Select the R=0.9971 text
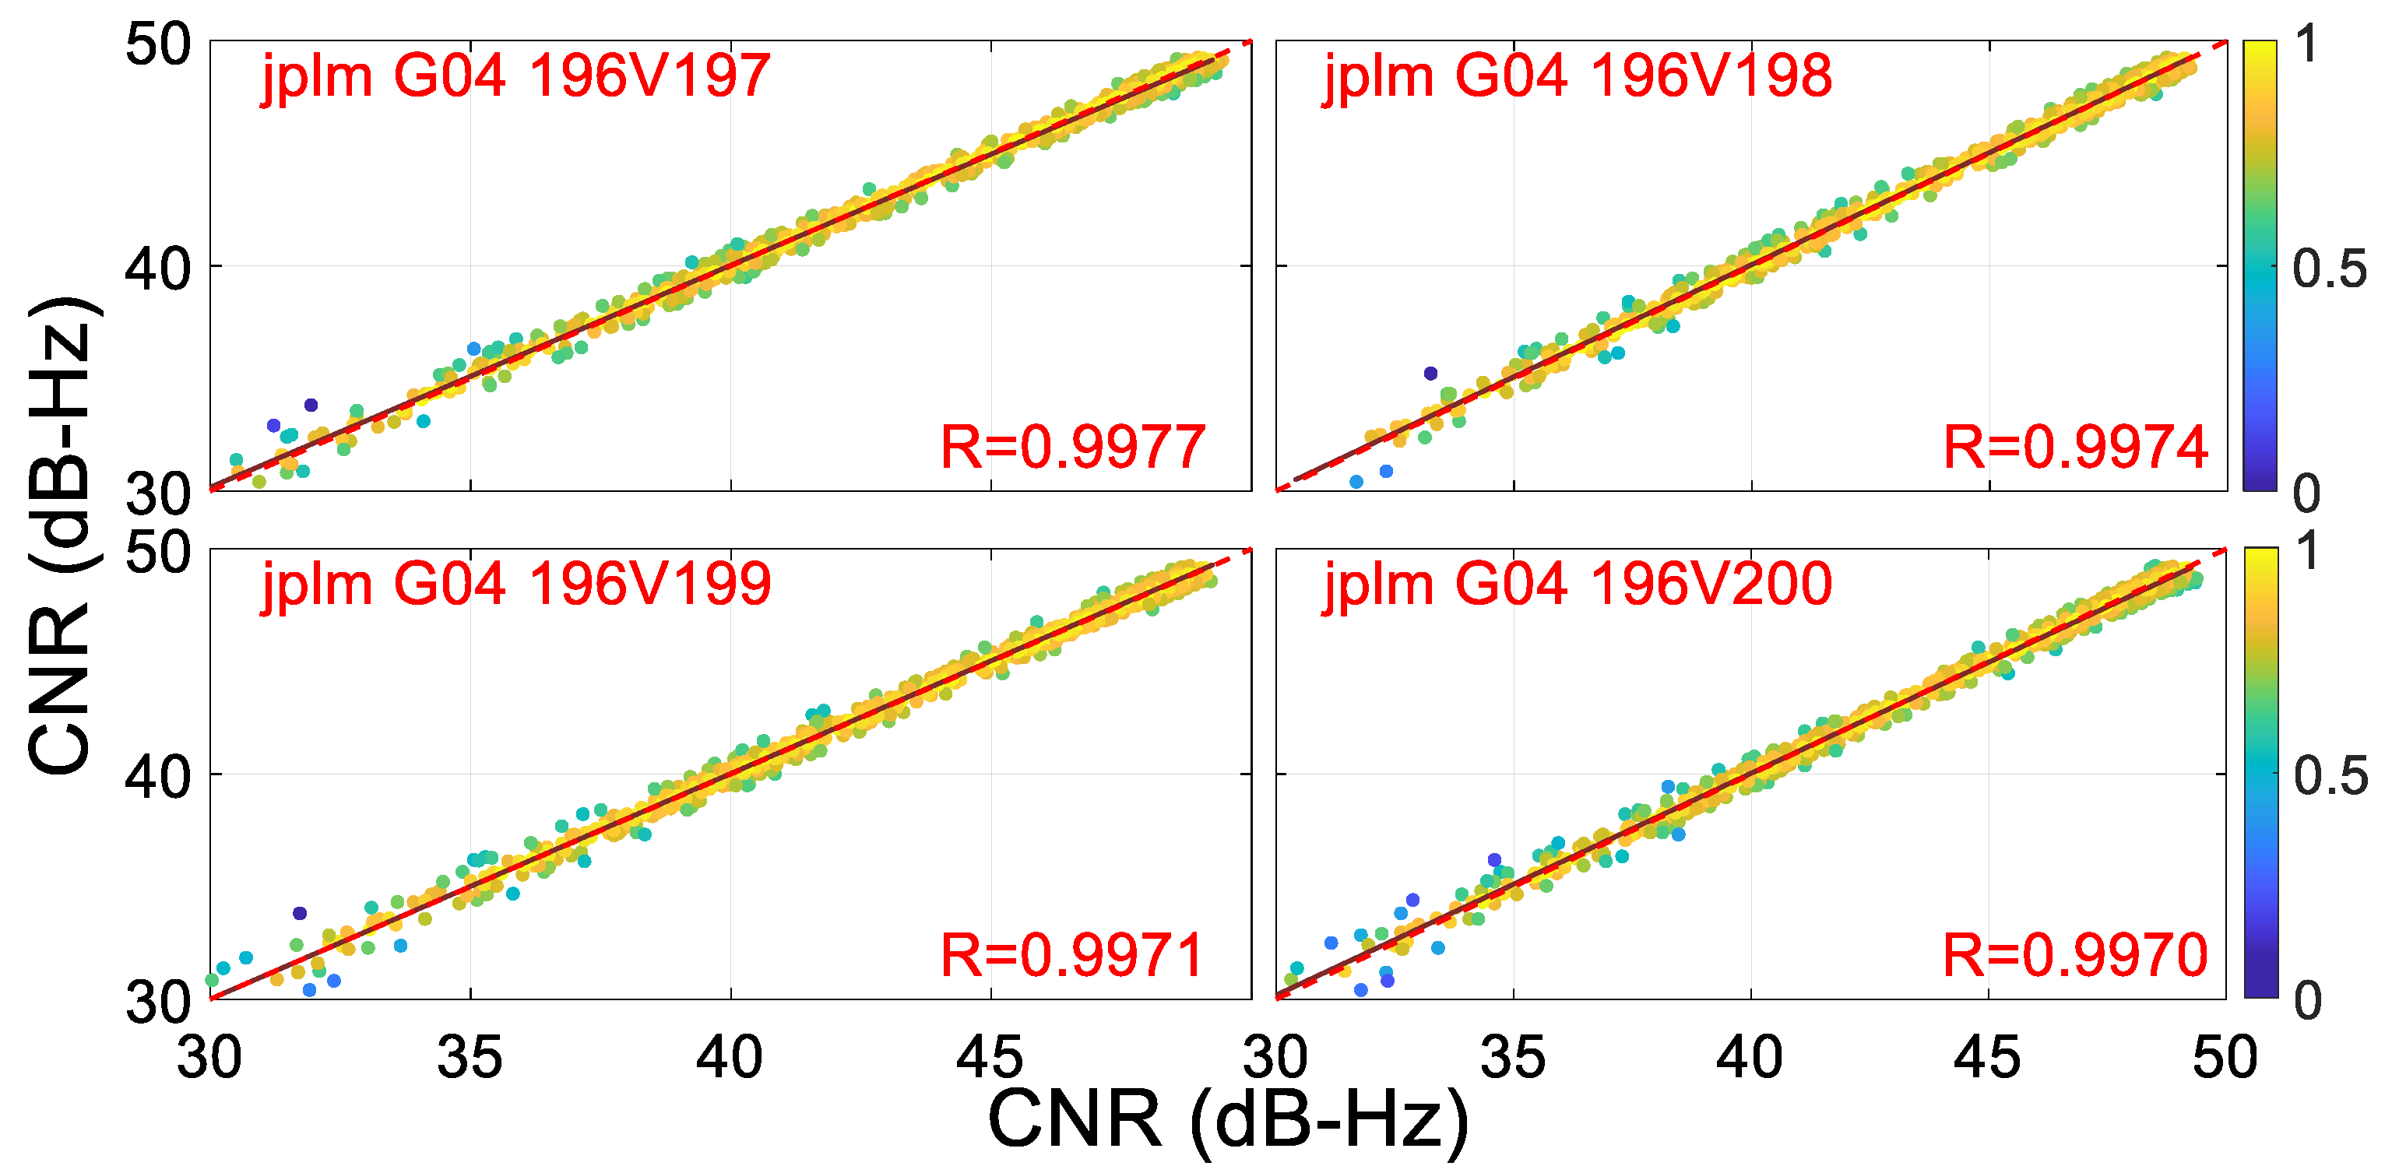1072,954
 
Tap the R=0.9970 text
2075,954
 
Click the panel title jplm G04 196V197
515,76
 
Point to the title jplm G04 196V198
1577,76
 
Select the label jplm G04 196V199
515,585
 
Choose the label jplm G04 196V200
1577,585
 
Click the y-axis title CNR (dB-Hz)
60,535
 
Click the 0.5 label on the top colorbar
2328,269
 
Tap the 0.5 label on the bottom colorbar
2328,775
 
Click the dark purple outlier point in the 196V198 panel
1430,373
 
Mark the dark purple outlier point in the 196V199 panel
299,913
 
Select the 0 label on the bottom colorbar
2307,1000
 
